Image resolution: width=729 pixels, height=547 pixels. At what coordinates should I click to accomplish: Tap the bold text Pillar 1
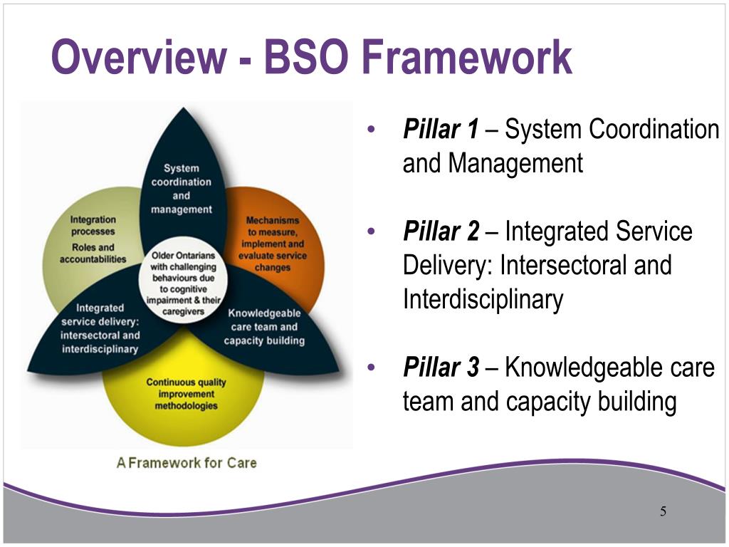click(x=441, y=130)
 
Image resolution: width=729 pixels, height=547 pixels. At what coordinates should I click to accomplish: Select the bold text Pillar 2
click(x=441, y=231)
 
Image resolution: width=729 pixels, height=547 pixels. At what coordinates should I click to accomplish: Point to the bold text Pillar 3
click(x=441, y=368)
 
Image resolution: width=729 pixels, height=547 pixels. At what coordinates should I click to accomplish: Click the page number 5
click(x=663, y=511)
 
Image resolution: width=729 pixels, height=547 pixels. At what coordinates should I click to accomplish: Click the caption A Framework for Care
click(x=187, y=462)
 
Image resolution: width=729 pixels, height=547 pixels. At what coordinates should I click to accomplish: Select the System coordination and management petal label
click(x=181, y=189)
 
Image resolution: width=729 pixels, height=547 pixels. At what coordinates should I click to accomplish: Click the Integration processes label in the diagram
click(x=93, y=226)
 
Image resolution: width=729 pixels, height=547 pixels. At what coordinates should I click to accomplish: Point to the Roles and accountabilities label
click(x=93, y=254)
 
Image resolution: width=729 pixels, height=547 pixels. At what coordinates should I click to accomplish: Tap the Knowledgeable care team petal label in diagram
click(x=264, y=327)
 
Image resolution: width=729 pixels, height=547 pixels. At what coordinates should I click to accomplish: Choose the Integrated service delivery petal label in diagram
click(x=100, y=328)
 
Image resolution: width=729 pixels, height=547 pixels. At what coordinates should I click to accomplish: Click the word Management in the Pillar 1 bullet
click(x=515, y=164)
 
